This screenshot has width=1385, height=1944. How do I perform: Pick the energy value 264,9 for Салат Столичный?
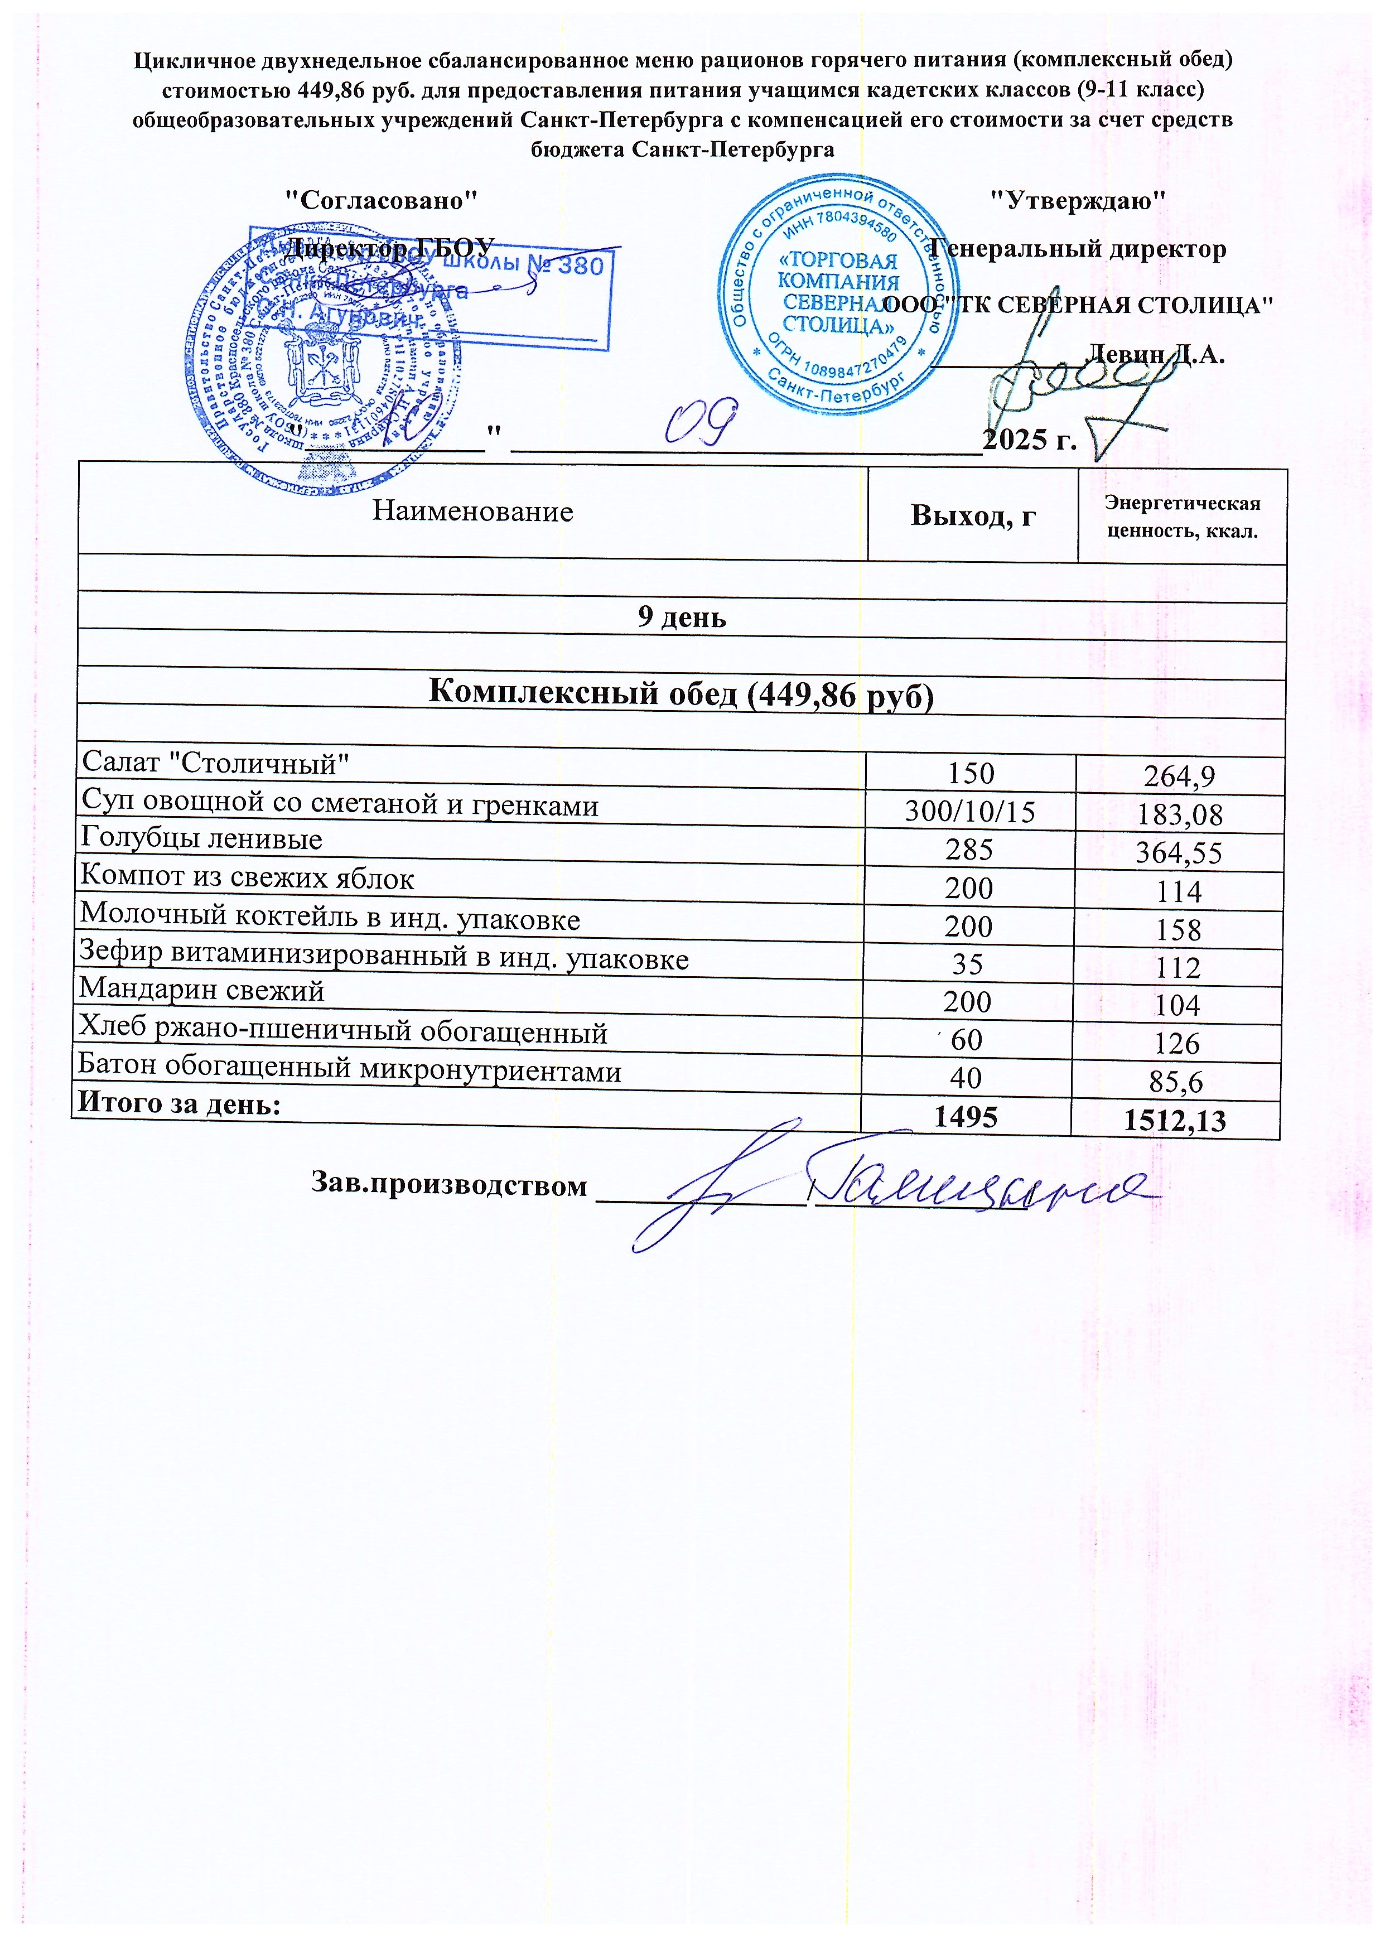[x=1180, y=776]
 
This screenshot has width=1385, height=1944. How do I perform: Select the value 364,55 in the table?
[x=1180, y=853]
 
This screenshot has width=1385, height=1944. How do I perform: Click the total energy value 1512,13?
[x=1175, y=1120]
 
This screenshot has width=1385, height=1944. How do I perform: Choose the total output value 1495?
[x=966, y=1117]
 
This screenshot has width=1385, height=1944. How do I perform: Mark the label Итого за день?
[x=179, y=1103]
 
